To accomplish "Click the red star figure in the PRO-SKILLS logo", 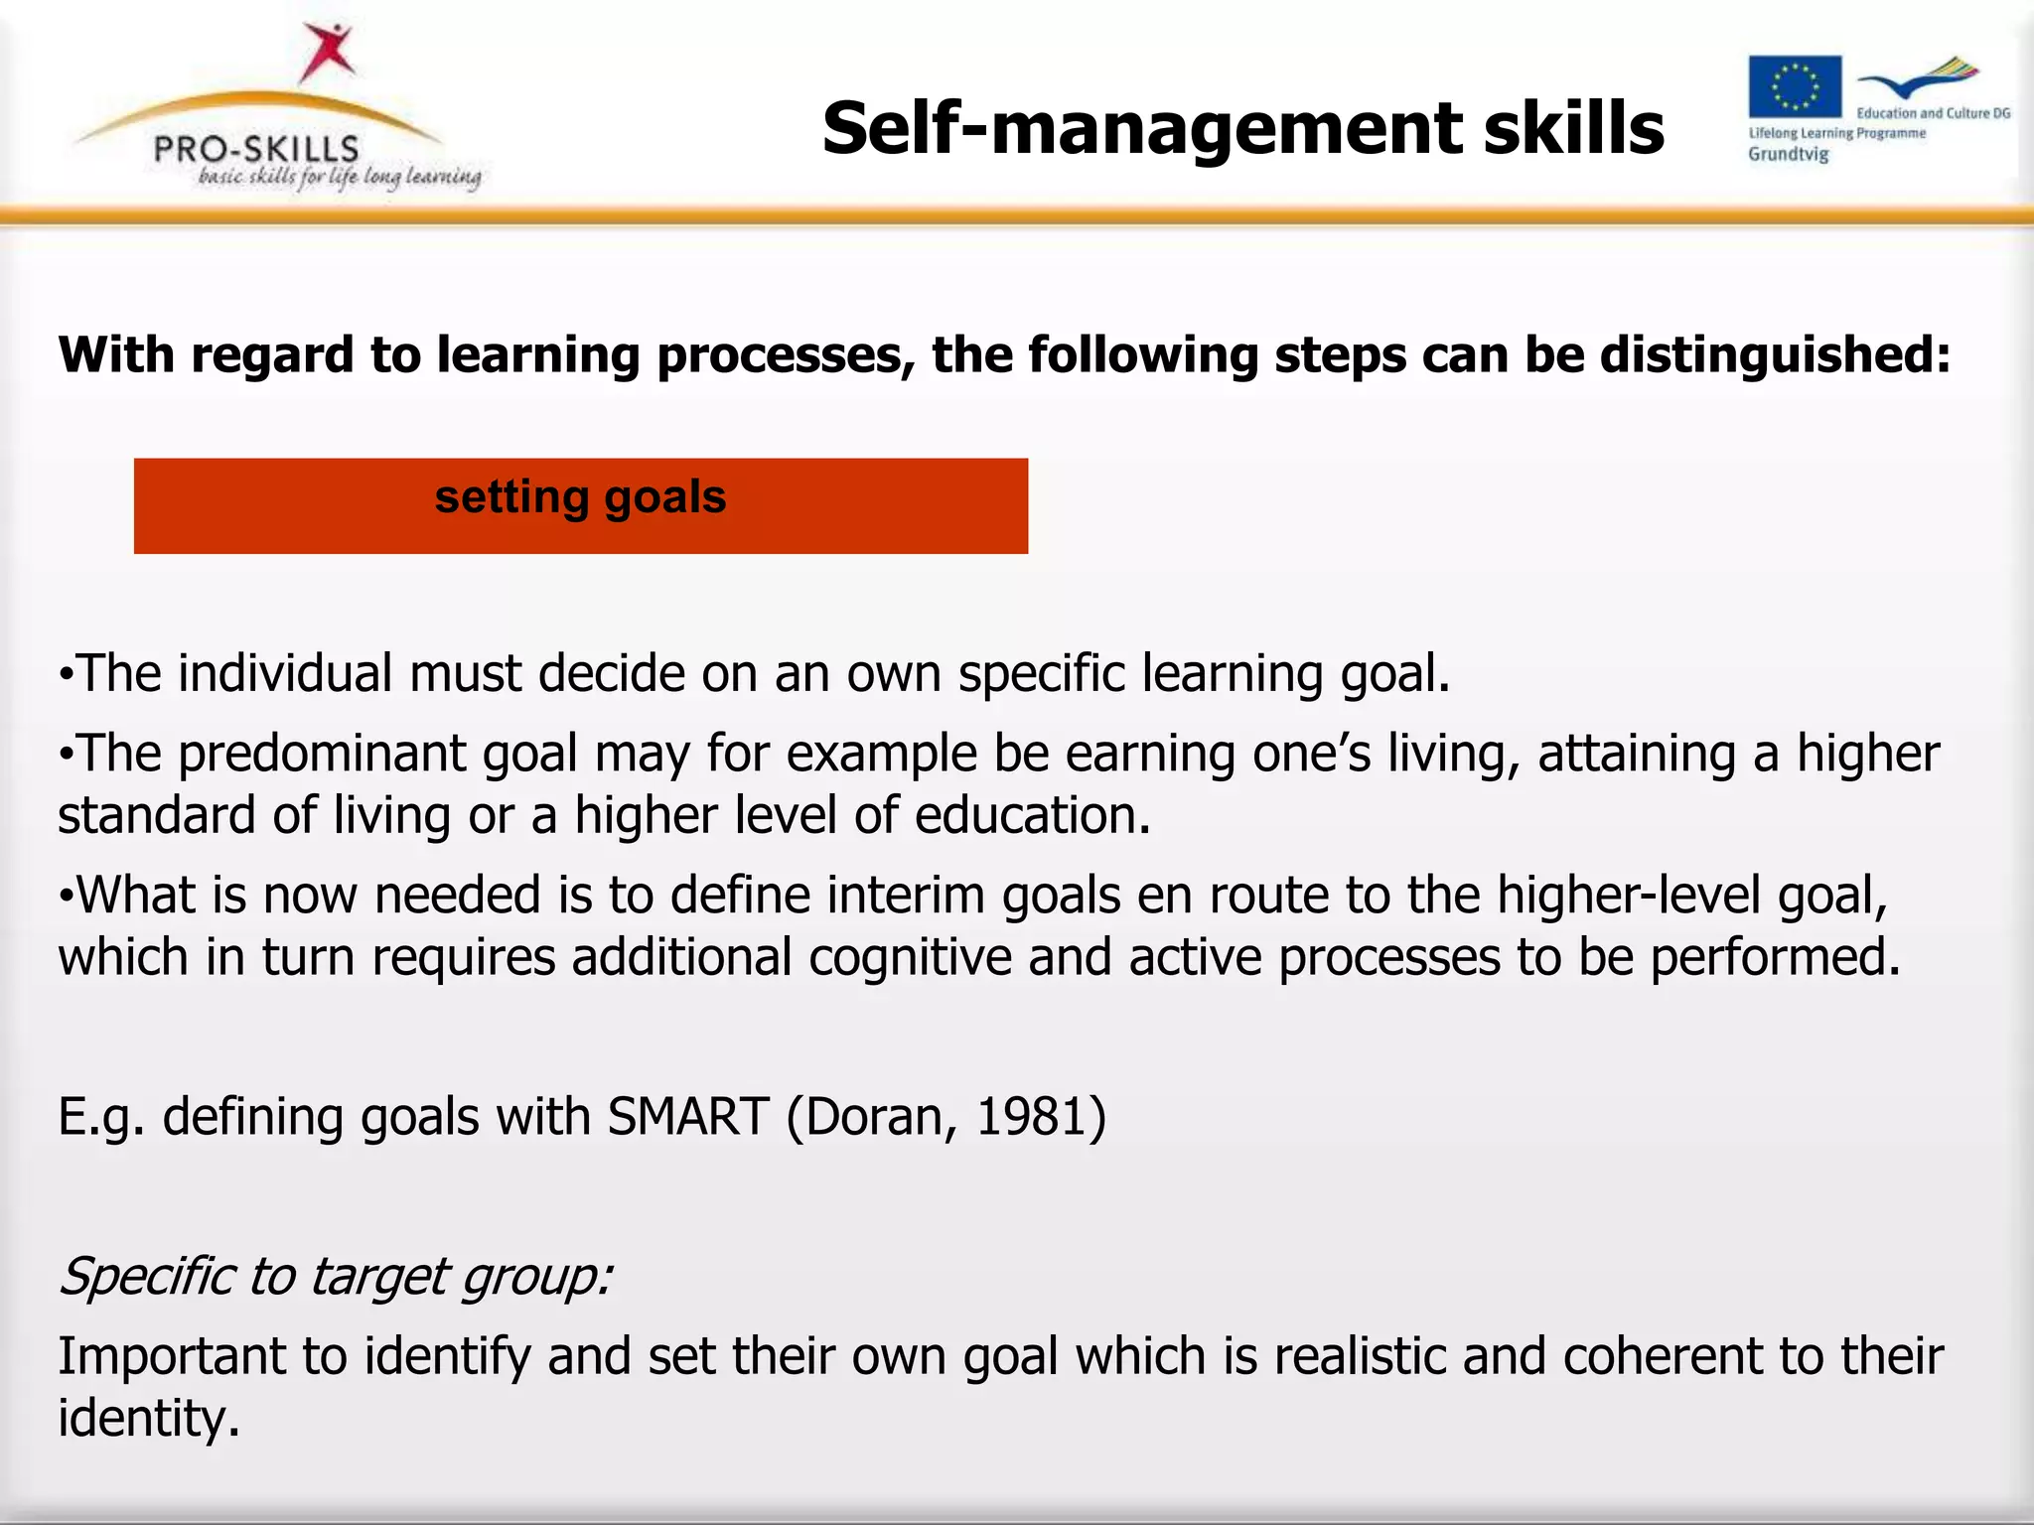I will click(x=327, y=52).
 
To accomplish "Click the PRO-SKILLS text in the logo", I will click(x=256, y=149).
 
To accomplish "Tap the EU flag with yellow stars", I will click(x=1795, y=86).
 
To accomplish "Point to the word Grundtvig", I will click(x=1788, y=155).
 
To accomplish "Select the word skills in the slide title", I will click(x=1573, y=129).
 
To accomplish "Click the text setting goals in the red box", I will click(x=580, y=497).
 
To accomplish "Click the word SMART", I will click(x=688, y=1116).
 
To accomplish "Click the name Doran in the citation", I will click(x=882, y=1116).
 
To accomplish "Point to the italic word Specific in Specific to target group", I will click(x=148, y=1277).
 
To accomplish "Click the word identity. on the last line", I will click(x=149, y=1418).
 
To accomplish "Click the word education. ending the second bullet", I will click(x=1032, y=816).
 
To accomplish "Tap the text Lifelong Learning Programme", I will click(x=1836, y=133).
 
